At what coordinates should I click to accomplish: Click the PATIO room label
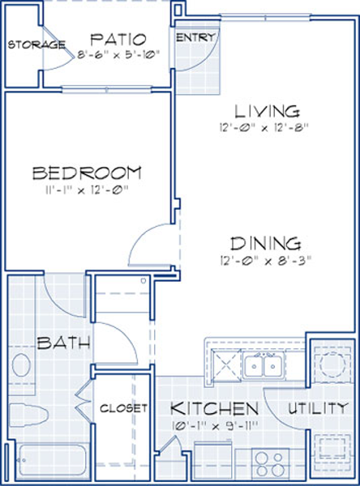(118, 40)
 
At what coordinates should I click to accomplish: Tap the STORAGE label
(36, 45)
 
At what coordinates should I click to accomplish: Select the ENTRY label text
(195, 38)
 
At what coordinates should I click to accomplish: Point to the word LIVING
(267, 112)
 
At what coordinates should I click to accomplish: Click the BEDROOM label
(88, 173)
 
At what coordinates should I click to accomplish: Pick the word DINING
(265, 244)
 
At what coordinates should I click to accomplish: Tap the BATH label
(63, 343)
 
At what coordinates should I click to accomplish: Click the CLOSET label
(123, 408)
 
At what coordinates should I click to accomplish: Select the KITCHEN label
(214, 408)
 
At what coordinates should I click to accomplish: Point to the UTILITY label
(317, 408)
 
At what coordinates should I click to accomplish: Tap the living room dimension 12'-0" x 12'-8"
(264, 128)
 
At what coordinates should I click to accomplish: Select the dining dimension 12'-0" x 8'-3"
(265, 261)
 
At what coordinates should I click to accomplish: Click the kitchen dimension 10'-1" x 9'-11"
(214, 425)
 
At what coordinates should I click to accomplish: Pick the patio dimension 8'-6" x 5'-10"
(118, 55)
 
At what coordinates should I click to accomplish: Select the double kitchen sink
(264, 366)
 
